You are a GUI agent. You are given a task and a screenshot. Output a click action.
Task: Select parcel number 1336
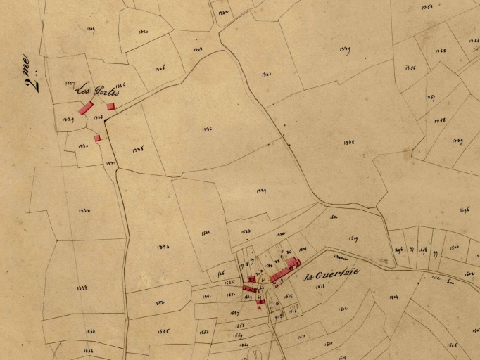point(207,129)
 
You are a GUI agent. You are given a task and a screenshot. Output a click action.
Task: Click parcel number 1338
point(348,142)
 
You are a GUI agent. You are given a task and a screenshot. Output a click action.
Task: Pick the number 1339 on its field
point(345,49)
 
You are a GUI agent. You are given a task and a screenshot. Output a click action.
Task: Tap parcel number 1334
point(163,247)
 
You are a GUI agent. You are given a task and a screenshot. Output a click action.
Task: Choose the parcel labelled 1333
point(82,288)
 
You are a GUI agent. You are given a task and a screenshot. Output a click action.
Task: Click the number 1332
point(84,211)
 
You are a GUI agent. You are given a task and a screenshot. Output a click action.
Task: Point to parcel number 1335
point(138,150)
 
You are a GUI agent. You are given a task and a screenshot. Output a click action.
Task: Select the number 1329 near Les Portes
point(68,120)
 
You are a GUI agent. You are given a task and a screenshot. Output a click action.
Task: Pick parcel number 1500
point(455,247)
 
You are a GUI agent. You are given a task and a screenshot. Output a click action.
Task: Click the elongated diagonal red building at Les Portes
point(85,108)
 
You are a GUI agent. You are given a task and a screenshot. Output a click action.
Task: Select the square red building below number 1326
point(110,106)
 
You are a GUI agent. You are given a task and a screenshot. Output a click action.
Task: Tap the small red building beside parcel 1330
point(97,139)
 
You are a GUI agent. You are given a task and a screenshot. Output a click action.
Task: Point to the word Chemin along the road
point(342,256)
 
